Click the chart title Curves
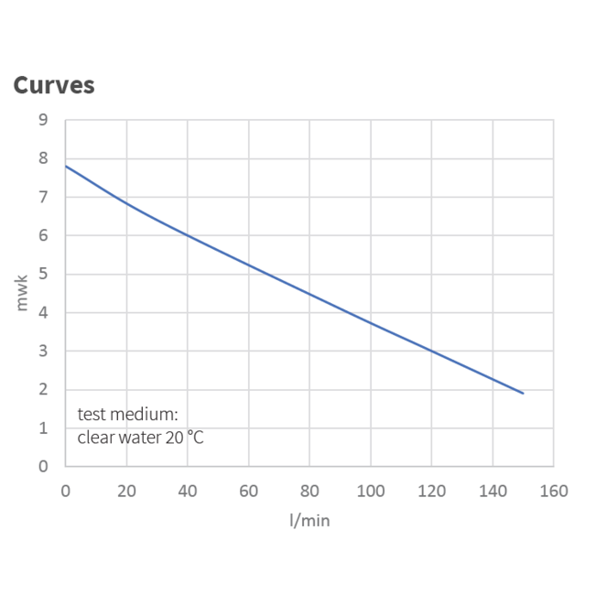click(53, 86)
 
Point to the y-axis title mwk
click(23, 292)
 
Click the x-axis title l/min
click(309, 520)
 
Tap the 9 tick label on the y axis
click(43, 120)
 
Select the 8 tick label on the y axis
click(43, 158)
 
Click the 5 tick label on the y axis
click(43, 274)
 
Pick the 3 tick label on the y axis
click(43, 351)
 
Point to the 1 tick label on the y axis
click(43, 427)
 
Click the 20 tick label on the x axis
click(126, 491)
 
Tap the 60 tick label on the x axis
click(248, 491)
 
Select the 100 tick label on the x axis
click(371, 491)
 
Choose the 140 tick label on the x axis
click(492, 491)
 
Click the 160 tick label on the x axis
click(554, 491)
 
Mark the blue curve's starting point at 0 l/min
click(66, 166)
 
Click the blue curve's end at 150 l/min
click(523, 393)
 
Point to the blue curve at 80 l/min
click(309, 293)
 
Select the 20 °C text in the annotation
click(185, 437)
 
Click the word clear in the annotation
click(96, 437)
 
